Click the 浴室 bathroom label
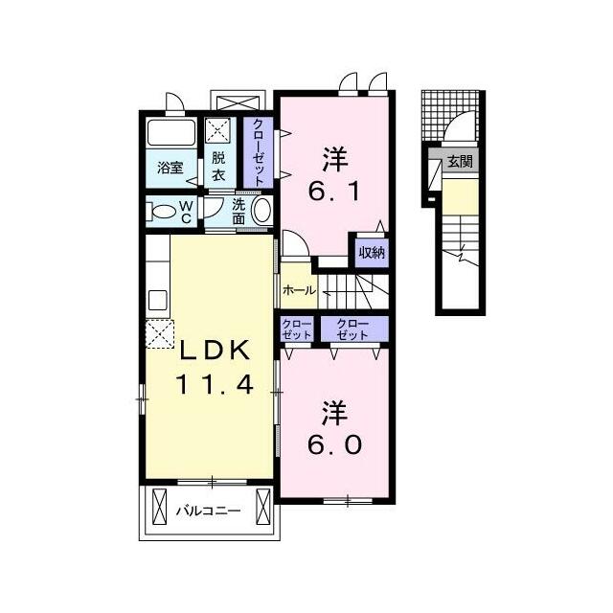[x=170, y=169]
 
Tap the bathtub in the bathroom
[x=171, y=133]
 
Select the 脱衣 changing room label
[x=218, y=166]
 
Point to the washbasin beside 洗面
[x=261, y=211]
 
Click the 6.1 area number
[x=334, y=192]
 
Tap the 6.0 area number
[x=334, y=445]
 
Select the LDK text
[x=215, y=351]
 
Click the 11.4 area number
[x=215, y=384]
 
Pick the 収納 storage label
[x=373, y=253]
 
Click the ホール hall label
[x=299, y=290]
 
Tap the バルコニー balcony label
[x=208, y=511]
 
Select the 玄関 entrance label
[x=460, y=161]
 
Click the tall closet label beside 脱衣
[x=258, y=152]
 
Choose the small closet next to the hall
[x=297, y=329]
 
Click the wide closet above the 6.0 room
[x=352, y=329]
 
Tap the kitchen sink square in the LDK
[x=158, y=300]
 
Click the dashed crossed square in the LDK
[x=160, y=334]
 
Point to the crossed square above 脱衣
[x=218, y=129]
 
